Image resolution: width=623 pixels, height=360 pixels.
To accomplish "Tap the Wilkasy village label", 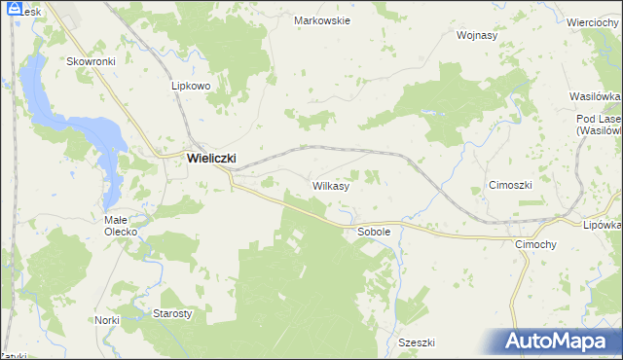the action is tap(331, 184).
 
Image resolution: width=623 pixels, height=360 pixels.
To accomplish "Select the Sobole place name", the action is tap(374, 233).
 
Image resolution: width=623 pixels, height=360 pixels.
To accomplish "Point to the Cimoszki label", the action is tap(509, 185).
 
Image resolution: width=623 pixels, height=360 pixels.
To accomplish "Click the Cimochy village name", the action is tap(535, 245).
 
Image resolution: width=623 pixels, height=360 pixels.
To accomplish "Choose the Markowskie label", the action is tap(322, 19).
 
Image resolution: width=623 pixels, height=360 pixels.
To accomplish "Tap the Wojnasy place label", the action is tap(477, 35).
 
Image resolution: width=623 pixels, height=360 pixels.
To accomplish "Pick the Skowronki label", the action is tap(92, 60).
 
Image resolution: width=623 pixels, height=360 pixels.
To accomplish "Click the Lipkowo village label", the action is tap(191, 86).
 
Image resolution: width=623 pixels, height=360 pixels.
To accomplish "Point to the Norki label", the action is tap(107, 320).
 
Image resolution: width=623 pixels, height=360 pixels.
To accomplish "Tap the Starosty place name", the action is tap(173, 313).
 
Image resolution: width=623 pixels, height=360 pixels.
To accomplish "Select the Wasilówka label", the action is tap(596, 97).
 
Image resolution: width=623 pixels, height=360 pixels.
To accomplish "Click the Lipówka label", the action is tap(603, 224).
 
